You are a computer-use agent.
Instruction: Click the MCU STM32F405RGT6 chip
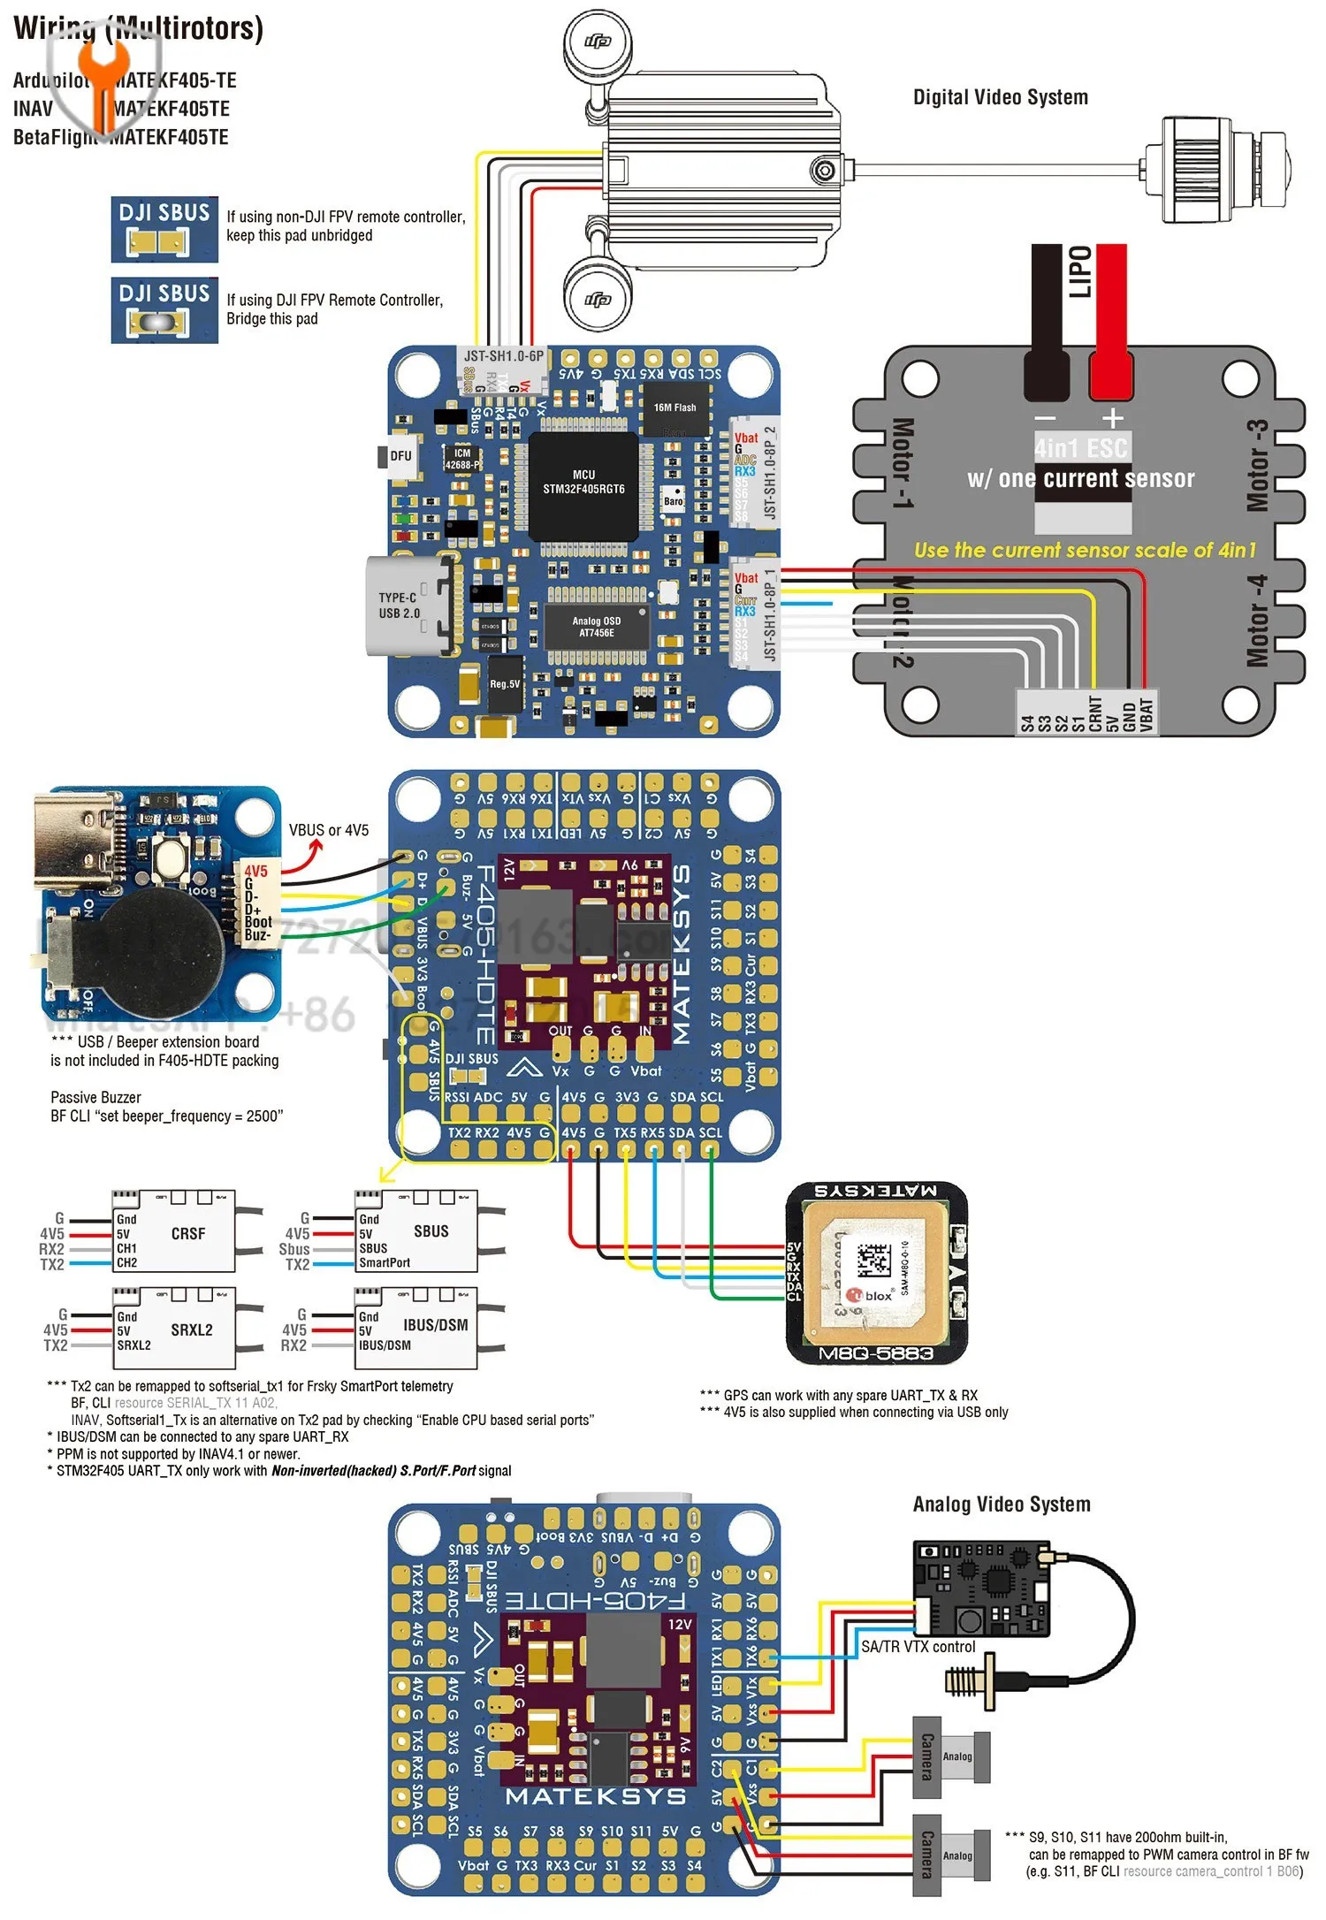point(583,484)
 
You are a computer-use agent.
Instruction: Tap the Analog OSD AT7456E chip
point(597,627)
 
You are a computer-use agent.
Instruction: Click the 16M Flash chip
point(674,409)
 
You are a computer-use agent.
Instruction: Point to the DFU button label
point(400,456)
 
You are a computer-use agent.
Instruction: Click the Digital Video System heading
point(1000,97)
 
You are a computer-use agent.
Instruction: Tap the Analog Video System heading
point(1001,1504)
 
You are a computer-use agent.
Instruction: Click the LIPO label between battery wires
point(1079,271)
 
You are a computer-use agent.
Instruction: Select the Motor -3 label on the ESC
point(1256,465)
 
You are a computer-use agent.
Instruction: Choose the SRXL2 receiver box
point(174,1330)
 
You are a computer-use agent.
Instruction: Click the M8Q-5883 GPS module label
point(875,1353)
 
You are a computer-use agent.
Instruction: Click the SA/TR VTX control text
point(918,1647)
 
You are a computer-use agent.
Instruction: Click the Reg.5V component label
point(505,684)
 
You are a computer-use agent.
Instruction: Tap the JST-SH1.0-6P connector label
point(504,355)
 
